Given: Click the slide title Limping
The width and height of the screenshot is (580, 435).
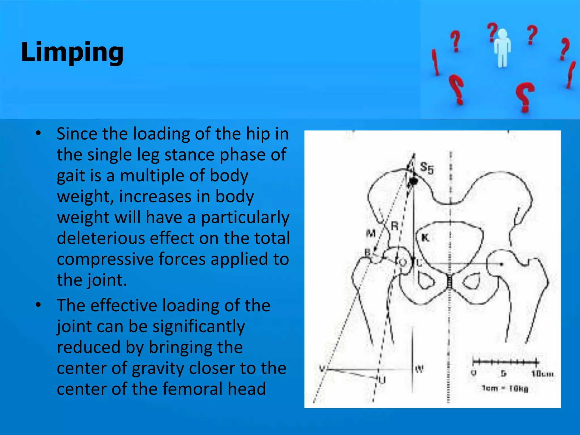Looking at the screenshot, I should click(x=72, y=52).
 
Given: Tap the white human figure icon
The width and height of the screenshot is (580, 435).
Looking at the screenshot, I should click(x=502, y=48).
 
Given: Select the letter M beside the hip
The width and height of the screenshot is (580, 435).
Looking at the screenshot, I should click(x=371, y=233).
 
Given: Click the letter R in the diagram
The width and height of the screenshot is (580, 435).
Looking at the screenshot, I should click(x=395, y=226).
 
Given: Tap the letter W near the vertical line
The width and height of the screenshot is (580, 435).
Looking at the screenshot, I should click(x=419, y=369).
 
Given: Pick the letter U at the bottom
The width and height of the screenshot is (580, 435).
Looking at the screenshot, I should click(x=382, y=380).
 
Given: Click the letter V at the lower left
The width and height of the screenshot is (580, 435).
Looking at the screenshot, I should click(x=322, y=369).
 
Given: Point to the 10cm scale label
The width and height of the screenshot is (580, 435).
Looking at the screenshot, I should click(x=542, y=374).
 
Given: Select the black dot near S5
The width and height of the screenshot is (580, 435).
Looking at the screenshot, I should click(x=414, y=181).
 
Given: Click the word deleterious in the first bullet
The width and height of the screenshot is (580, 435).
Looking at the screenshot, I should click(x=101, y=238).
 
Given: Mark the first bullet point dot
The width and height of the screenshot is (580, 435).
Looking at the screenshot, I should click(x=39, y=133).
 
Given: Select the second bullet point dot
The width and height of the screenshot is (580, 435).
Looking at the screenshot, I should click(x=39, y=305).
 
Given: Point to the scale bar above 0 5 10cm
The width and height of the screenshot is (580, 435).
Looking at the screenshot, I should click(x=506, y=362).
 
